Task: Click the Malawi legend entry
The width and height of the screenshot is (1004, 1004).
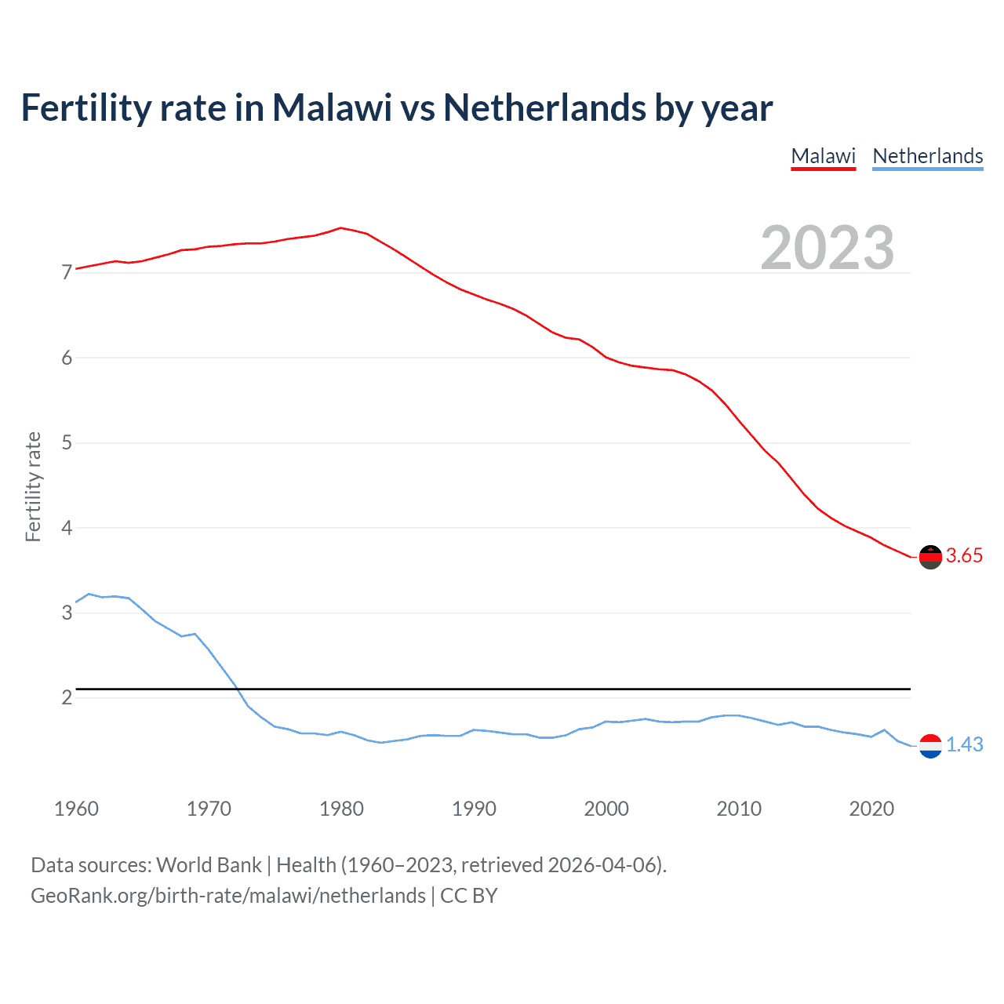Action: point(823,156)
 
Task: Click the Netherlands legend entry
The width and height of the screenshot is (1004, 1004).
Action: point(927,156)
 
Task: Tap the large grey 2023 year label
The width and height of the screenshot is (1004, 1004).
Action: point(827,248)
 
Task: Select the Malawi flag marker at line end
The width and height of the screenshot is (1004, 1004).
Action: point(930,557)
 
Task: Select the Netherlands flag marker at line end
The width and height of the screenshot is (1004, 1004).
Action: point(930,746)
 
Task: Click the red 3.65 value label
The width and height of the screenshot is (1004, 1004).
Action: point(964,556)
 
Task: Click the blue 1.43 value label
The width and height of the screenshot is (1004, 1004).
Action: point(964,745)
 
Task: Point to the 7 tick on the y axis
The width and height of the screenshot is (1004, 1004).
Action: point(67,273)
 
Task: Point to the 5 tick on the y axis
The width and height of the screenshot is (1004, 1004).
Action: point(67,443)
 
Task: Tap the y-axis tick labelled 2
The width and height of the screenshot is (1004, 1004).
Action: point(67,697)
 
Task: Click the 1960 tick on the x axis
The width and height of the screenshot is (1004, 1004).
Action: point(76,809)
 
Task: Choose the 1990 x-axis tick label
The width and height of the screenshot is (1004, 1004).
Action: point(474,809)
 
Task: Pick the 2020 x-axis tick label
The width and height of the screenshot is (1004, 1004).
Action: point(871,809)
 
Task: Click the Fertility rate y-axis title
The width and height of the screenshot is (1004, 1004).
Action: point(33,486)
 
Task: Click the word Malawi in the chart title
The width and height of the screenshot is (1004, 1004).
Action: point(332,108)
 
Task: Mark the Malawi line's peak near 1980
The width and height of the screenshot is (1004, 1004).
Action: point(340,227)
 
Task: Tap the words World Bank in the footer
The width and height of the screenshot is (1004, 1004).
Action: point(209,865)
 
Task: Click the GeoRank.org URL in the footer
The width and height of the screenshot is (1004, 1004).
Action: point(227,896)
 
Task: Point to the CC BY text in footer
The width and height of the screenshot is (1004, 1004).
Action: point(469,896)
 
